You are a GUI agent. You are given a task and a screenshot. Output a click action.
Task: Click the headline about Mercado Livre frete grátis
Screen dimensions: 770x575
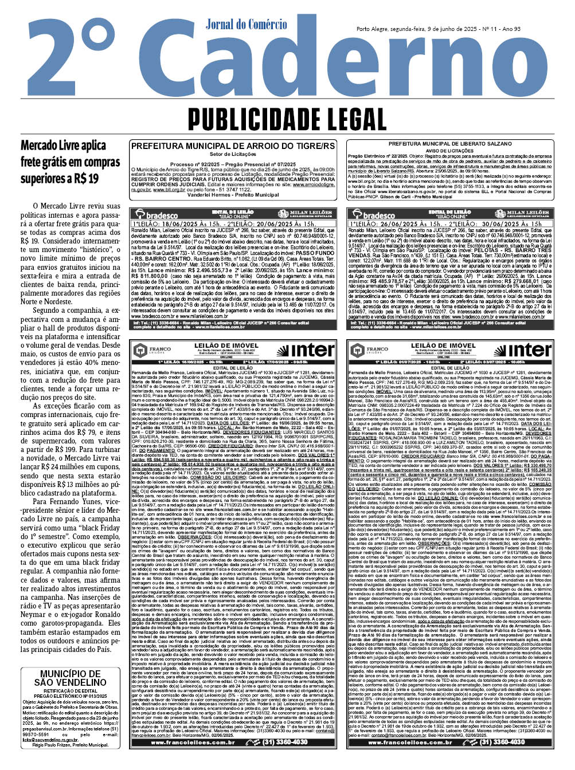63,162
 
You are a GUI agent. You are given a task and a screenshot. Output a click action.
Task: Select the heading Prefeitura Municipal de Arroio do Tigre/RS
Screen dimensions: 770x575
233,147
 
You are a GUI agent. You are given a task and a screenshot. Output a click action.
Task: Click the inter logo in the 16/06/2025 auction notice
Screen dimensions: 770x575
312,350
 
